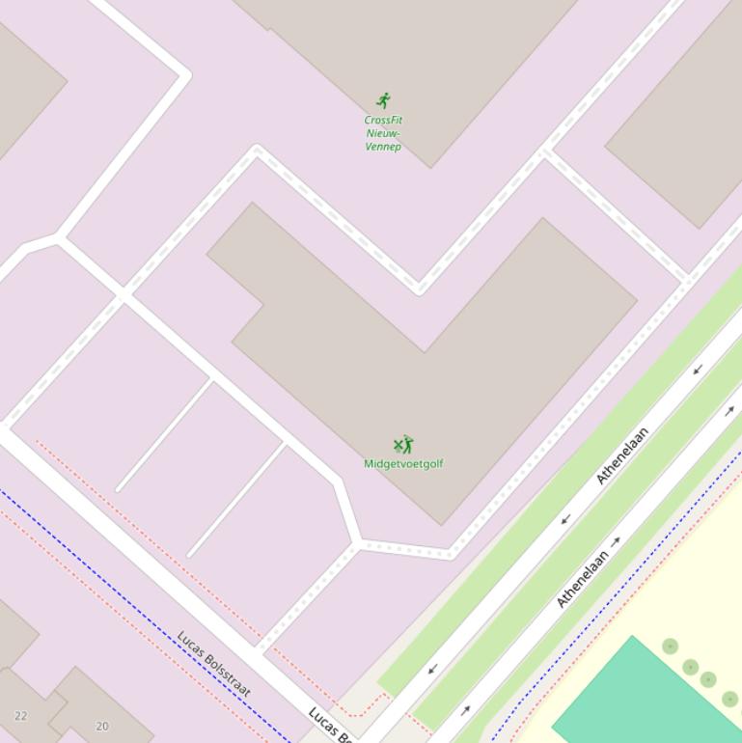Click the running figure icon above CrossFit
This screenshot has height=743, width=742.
click(x=384, y=100)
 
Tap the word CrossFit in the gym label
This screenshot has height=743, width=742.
click(x=383, y=121)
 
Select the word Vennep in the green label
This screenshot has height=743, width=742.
click(x=383, y=147)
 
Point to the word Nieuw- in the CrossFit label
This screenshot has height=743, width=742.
click(x=383, y=133)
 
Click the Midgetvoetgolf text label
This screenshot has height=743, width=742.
click(x=403, y=463)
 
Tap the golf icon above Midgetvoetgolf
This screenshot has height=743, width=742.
click(x=403, y=445)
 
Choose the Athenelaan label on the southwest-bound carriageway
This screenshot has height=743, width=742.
click(x=622, y=454)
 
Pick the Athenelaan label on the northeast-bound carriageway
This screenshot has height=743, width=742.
click(x=583, y=579)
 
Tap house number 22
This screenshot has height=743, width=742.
click(x=21, y=716)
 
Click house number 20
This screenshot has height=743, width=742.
click(x=102, y=726)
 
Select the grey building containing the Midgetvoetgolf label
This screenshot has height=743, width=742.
click(x=434, y=386)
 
